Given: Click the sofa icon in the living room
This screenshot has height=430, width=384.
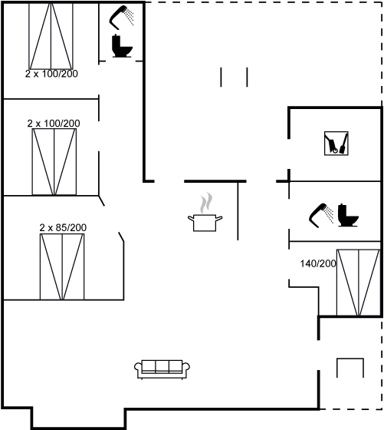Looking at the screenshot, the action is click(162, 369).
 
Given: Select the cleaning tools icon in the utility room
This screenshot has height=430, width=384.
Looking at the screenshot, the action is click(336, 144).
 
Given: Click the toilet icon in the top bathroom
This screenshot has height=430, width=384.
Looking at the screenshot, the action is click(122, 46).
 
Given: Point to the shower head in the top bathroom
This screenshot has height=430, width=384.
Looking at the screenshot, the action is click(120, 17).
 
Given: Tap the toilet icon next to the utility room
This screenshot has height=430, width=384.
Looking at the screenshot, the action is click(348, 215).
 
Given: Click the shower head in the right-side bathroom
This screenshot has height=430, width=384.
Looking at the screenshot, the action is click(321, 215).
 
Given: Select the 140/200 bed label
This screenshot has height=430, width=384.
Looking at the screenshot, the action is click(318, 263).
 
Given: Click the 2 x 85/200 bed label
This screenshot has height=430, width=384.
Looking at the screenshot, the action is click(63, 227).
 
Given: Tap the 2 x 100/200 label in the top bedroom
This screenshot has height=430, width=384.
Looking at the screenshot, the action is click(51, 74).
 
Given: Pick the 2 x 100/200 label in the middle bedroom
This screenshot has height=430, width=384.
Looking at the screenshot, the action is click(54, 124).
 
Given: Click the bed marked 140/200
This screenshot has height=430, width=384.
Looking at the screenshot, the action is click(358, 283).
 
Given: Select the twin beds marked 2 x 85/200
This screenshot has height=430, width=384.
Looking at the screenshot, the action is click(62, 266).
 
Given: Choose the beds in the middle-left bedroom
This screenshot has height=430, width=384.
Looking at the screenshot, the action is click(54, 162).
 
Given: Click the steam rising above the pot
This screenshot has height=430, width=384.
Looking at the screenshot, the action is click(206, 203).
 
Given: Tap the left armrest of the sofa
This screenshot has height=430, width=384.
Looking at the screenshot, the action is click(138, 368).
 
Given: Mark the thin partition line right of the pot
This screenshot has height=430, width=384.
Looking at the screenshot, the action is click(238, 210).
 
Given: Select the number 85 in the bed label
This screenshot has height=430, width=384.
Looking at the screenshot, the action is click(60, 227).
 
